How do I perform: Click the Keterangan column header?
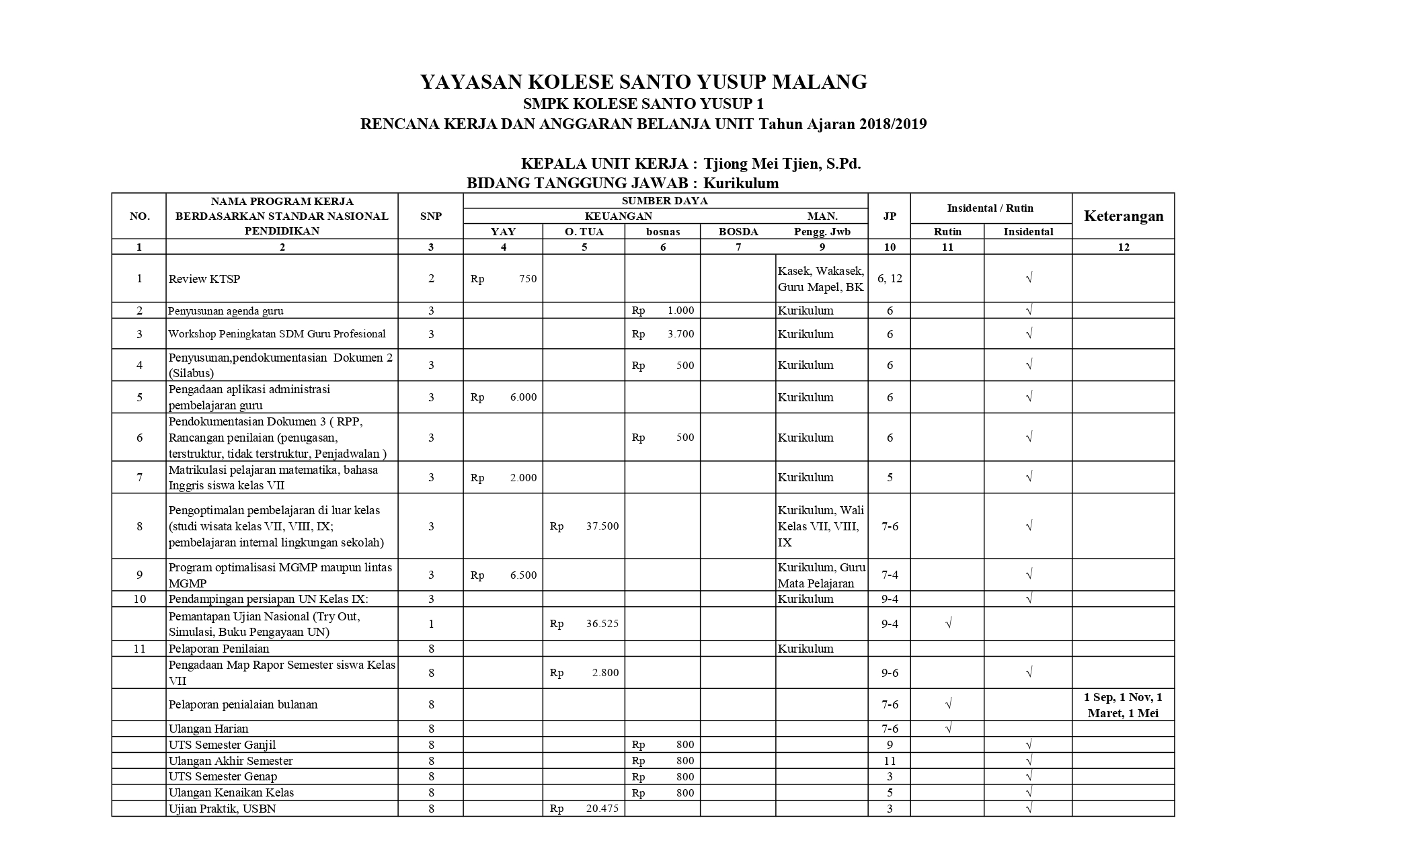click(x=1123, y=216)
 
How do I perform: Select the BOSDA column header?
click(x=738, y=231)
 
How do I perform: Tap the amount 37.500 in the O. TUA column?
click(x=602, y=526)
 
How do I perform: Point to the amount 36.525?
click(x=602, y=624)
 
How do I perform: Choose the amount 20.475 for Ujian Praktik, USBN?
click(x=602, y=809)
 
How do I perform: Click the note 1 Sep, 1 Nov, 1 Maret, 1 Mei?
click(x=1123, y=705)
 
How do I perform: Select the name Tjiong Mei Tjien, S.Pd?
click(x=782, y=164)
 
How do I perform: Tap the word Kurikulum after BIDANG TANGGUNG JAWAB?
click(x=741, y=183)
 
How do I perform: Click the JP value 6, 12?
click(x=890, y=278)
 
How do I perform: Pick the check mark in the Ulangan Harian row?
click(x=948, y=729)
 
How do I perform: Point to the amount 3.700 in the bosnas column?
click(x=680, y=334)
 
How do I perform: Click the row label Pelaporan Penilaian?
click(x=219, y=649)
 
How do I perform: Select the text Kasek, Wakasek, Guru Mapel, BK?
click(x=821, y=279)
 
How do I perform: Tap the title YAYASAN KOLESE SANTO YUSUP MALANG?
click(x=643, y=82)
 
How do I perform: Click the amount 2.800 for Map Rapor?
click(x=605, y=673)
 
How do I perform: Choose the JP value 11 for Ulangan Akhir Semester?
click(x=890, y=761)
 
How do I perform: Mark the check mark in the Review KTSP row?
click(x=1029, y=278)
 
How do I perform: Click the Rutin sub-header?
click(x=947, y=231)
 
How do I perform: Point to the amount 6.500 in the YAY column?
click(x=523, y=575)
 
